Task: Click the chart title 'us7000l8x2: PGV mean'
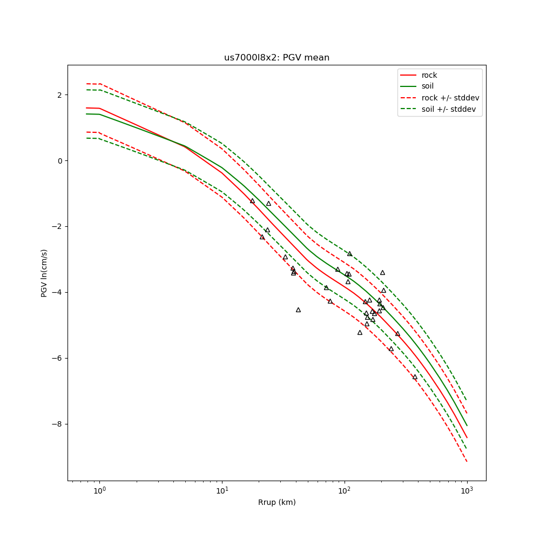click(276, 58)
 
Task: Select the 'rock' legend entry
click(429, 75)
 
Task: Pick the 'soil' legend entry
click(428, 86)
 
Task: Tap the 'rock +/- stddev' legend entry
click(450, 98)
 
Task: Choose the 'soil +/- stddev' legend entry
click(450, 109)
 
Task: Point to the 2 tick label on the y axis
click(59, 95)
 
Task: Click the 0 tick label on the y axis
click(59, 161)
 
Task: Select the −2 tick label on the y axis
click(57, 227)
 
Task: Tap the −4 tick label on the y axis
click(57, 293)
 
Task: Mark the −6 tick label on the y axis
click(57, 359)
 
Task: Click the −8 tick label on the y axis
click(57, 424)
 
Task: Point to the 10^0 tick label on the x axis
click(99, 491)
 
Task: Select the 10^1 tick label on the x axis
click(222, 491)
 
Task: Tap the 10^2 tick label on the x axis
click(345, 491)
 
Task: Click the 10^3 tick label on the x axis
click(467, 491)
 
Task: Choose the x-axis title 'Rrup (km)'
click(276, 502)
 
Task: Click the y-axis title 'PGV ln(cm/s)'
click(44, 273)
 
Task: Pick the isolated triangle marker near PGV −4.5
click(298, 310)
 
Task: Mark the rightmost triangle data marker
click(415, 377)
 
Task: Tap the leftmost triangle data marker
click(252, 201)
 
